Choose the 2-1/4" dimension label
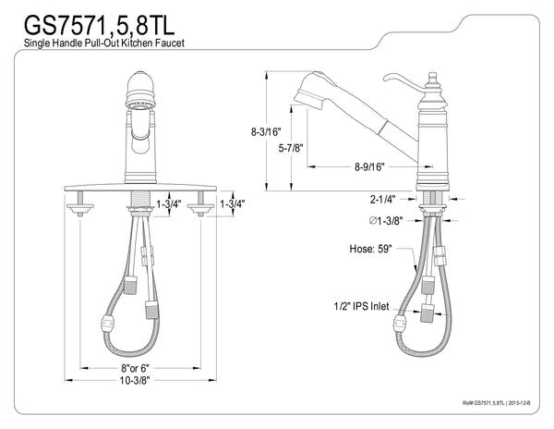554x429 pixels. click(x=382, y=198)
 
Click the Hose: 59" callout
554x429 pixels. click(x=369, y=249)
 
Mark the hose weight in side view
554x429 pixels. click(x=403, y=324)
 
